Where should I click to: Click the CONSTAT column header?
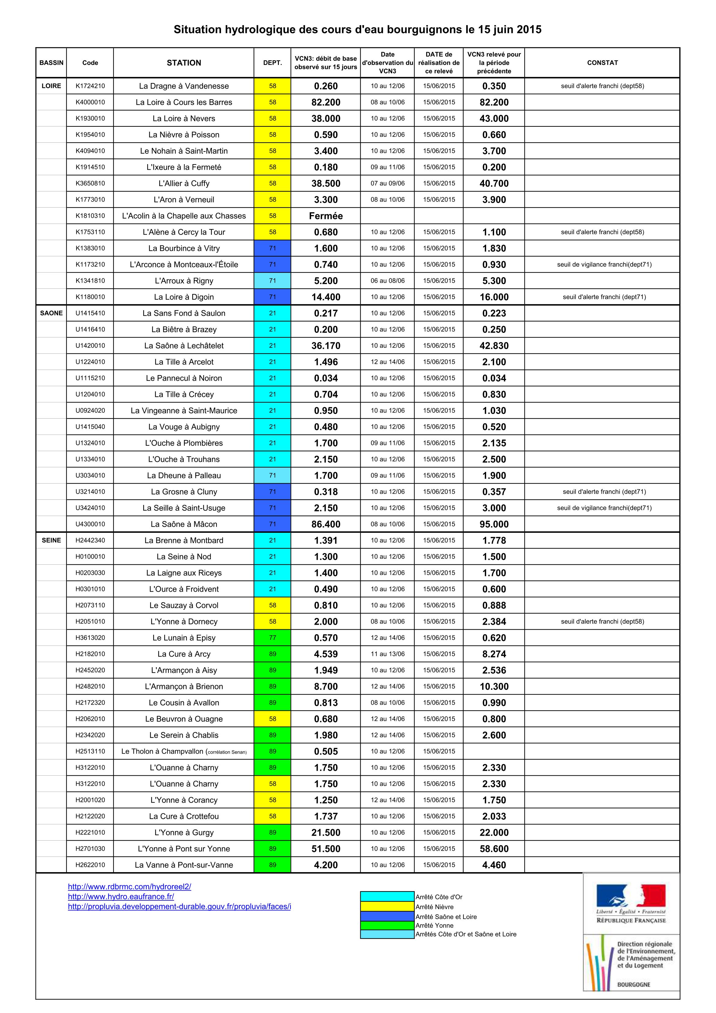(x=602, y=63)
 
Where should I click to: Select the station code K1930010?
(x=90, y=118)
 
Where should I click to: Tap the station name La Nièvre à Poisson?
(x=184, y=134)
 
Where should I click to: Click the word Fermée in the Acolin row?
(x=326, y=216)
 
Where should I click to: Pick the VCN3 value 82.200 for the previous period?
(x=494, y=102)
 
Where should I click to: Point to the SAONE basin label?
(x=51, y=313)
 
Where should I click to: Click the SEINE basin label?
(x=51, y=540)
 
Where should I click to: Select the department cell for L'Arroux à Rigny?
(x=272, y=281)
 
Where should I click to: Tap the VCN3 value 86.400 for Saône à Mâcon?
(x=326, y=524)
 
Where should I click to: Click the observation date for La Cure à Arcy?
(x=387, y=654)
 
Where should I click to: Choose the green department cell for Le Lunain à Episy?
(x=272, y=638)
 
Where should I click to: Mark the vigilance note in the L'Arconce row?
(x=604, y=264)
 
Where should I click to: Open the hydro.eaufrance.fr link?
(x=121, y=897)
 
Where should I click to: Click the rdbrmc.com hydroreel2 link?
(x=129, y=886)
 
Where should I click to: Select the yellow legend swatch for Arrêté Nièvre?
(x=387, y=907)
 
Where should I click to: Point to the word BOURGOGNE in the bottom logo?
(x=634, y=984)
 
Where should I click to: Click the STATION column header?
(x=184, y=63)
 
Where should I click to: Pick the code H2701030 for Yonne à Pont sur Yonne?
(x=90, y=849)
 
